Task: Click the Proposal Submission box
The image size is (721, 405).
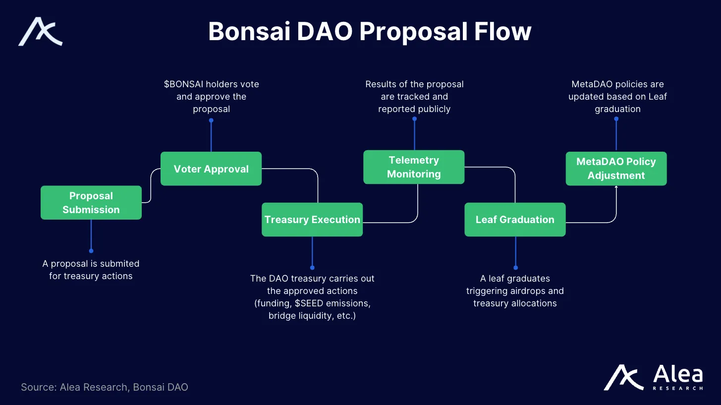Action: [91, 203]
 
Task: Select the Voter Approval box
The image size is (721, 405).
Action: [211, 169]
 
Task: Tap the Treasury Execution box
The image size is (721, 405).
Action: [312, 220]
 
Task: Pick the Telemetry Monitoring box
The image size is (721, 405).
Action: [414, 167]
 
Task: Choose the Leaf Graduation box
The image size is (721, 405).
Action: [515, 220]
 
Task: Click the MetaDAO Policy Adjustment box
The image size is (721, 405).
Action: [616, 169]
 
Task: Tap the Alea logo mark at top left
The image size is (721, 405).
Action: [40, 32]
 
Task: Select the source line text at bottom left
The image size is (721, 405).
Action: [105, 387]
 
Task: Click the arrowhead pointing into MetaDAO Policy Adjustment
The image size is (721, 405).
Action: [616, 187]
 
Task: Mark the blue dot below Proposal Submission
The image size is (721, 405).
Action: [91, 251]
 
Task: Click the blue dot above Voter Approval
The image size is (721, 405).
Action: [211, 120]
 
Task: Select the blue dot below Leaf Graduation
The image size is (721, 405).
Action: [515, 268]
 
